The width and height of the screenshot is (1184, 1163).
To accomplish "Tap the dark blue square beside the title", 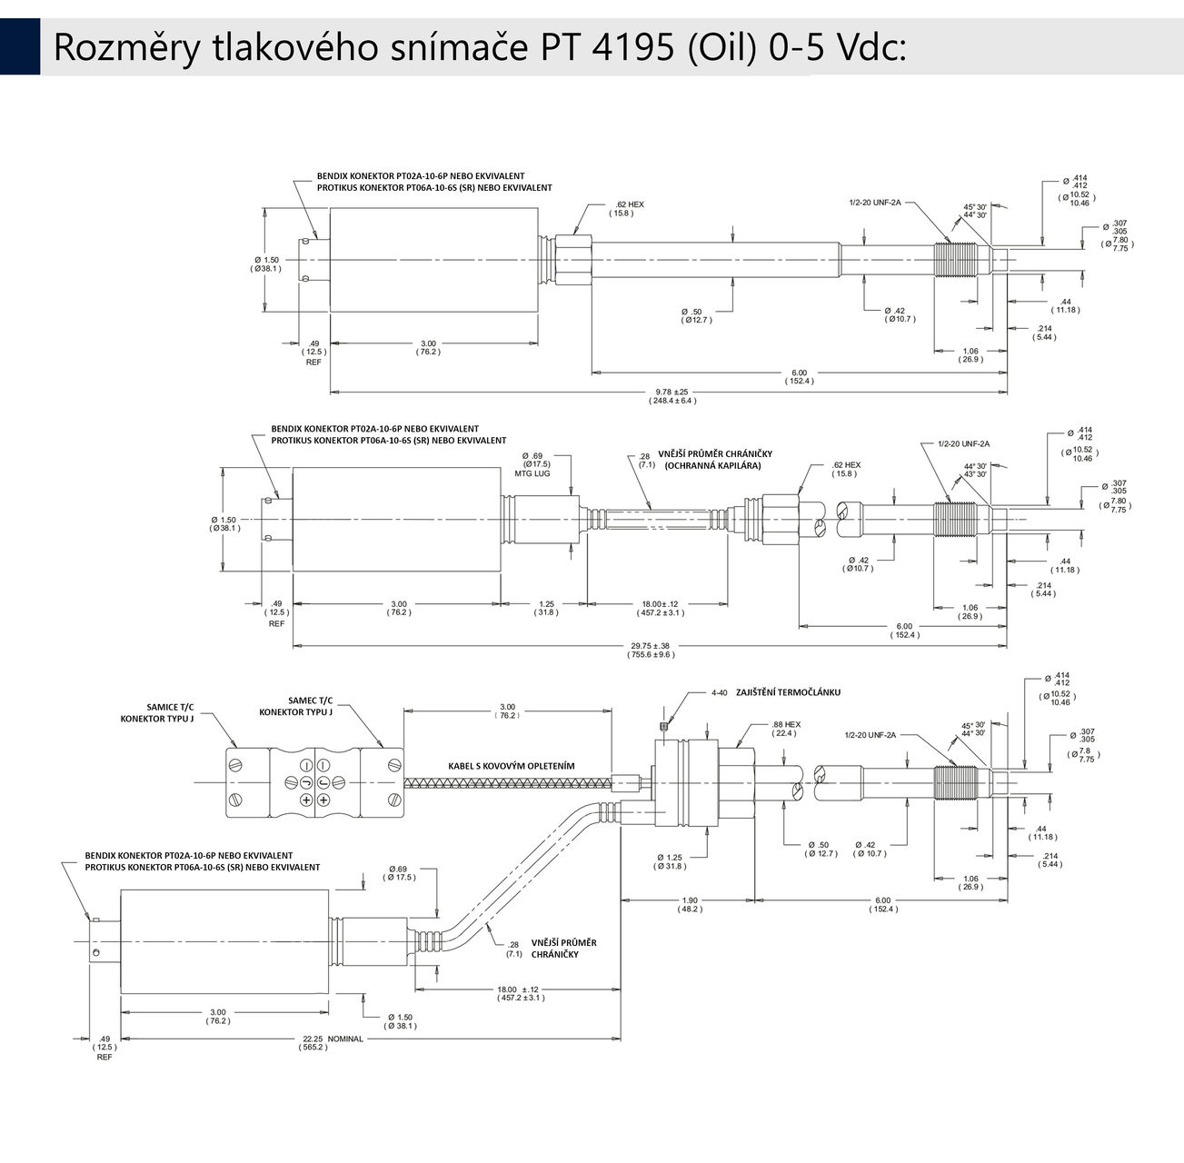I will click(x=19, y=47).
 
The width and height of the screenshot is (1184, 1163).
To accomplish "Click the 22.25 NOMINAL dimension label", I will click(x=331, y=1043).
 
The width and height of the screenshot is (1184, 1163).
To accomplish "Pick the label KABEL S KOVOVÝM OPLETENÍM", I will click(x=511, y=766).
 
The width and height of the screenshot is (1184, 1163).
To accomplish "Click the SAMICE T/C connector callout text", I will click(x=171, y=712).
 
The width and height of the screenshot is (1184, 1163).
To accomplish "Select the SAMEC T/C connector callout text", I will click(x=311, y=705).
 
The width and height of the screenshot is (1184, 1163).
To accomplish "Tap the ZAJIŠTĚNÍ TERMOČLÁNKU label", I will click(x=789, y=692).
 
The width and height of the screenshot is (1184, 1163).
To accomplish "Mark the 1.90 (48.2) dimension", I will click(x=688, y=905).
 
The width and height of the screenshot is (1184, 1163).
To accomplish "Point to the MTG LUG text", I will click(x=533, y=474).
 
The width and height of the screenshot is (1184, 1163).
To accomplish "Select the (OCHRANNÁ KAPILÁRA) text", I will click(x=712, y=465).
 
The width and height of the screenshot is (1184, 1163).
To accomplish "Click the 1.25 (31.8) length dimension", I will click(x=546, y=608).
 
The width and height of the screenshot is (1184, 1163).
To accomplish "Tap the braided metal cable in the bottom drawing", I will click(x=509, y=782).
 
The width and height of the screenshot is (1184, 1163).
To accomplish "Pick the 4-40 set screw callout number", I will click(x=720, y=692).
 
